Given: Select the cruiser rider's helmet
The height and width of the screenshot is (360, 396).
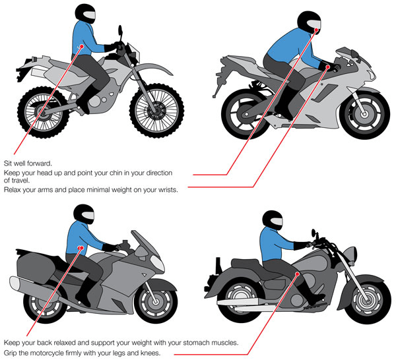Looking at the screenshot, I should click(x=273, y=220).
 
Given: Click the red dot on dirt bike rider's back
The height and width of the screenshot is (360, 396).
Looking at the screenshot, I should click(x=81, y=46).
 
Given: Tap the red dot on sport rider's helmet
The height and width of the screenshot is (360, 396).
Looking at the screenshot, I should click(x=318, y=30).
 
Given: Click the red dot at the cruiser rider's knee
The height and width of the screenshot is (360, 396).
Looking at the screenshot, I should click(x=298, y=273).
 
